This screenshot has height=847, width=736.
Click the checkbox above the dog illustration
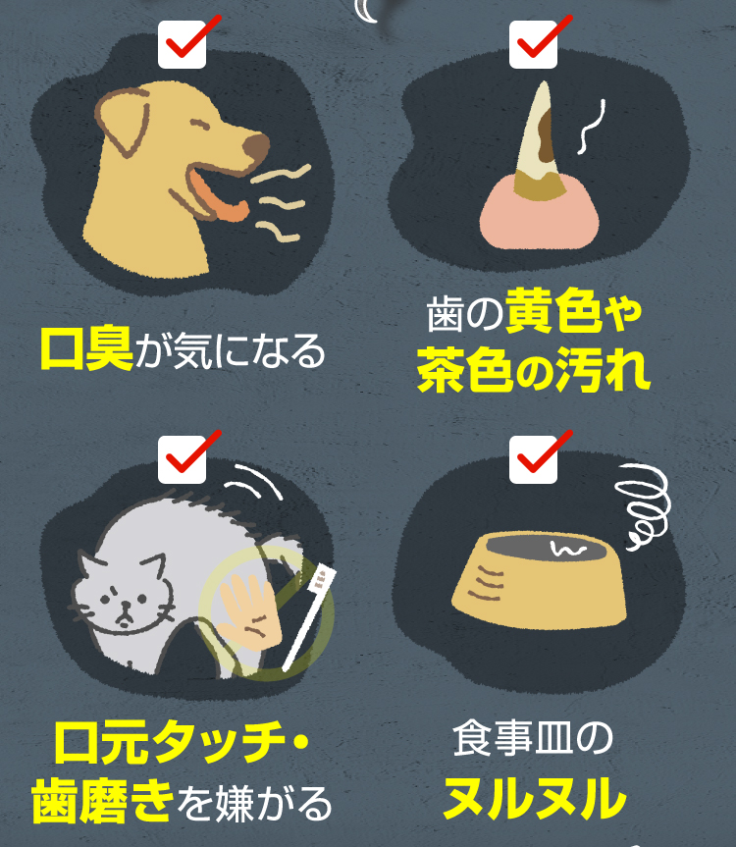182,44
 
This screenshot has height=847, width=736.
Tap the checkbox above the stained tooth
533,44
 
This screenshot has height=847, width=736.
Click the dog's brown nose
257,147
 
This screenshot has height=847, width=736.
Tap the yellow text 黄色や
575,314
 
